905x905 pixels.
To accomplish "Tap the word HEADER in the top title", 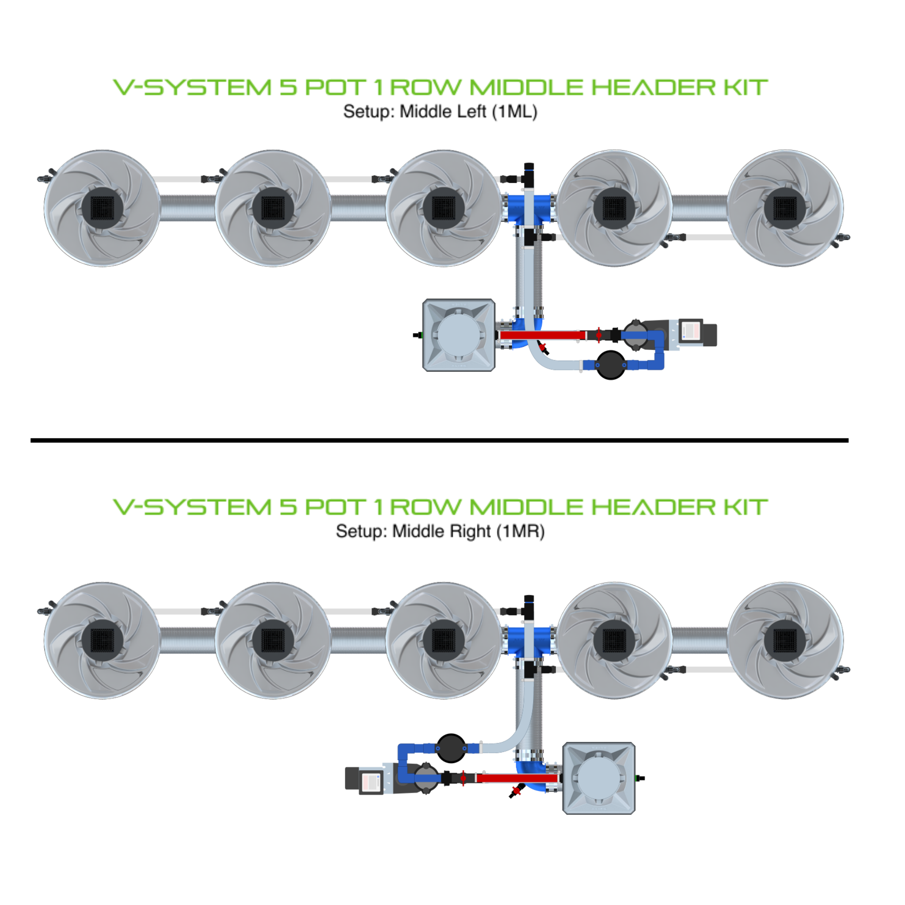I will click(653, 87).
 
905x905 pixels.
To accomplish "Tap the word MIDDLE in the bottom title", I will click(527, 507).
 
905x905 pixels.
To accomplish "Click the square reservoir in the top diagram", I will click(459, 335).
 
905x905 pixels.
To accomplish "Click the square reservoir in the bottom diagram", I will click(599, 779).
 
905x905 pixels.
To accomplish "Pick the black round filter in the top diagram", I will click(610, 365).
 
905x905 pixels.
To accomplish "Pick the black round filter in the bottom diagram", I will click(451, 749).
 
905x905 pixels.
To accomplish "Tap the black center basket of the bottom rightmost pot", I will click(785, 640).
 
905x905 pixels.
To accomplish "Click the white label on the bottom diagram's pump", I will click(372, 781).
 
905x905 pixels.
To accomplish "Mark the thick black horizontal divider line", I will click(439, 440).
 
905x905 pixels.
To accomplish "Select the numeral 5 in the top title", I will click(288, 87).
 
